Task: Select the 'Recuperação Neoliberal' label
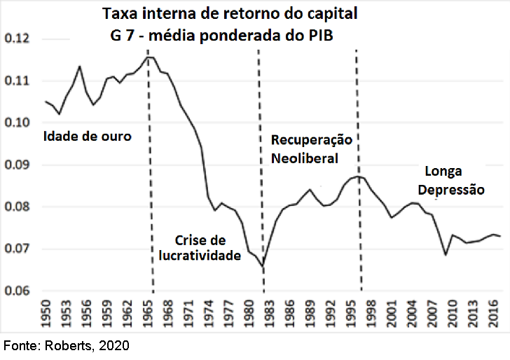point(311,149)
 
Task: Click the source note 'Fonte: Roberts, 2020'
point(67,346)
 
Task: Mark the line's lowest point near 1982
point(263,267)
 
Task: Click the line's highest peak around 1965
point(148,56)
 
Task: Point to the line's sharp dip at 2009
point(446,254)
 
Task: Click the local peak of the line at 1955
point(80,67)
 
